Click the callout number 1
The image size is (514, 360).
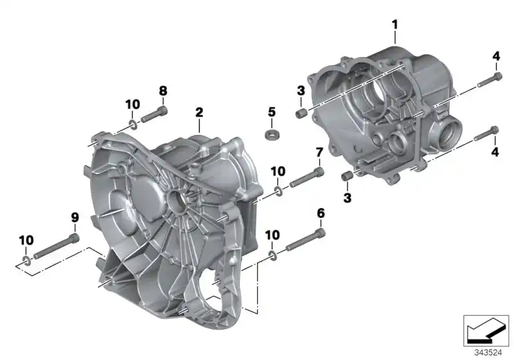coord(395,25)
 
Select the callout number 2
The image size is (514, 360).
coord(199,113)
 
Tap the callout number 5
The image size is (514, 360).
coord(271,111)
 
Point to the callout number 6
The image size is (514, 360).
coord(320,213)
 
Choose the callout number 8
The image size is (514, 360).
coord(163,91)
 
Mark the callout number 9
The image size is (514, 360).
coord(75,218)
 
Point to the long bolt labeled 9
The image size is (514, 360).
coord(56,247)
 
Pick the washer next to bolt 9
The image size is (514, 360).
coord(25,260)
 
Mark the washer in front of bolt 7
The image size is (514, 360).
coord(278,191)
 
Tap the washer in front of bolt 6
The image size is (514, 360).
coord(272,256)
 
